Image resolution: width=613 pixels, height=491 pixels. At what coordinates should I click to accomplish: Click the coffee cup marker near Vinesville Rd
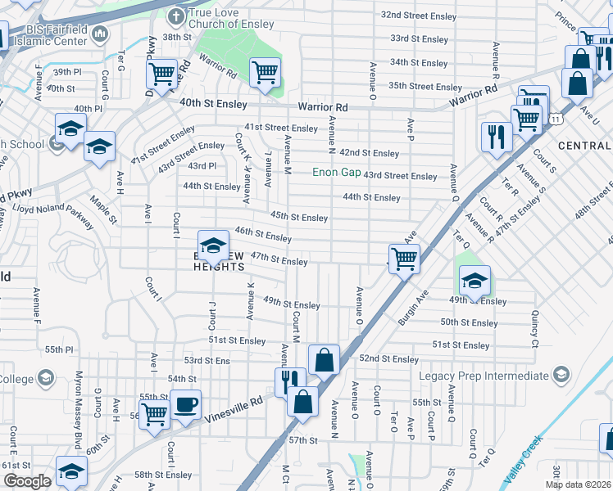[185, 405]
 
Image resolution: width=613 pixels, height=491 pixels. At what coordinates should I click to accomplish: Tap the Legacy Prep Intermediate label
[484, 376]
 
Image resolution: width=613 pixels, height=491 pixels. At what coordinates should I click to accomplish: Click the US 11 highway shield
[556, 119]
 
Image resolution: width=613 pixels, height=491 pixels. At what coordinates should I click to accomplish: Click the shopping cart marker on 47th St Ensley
[403, 259]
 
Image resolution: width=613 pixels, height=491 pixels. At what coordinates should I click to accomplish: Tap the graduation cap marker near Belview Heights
[213, 245]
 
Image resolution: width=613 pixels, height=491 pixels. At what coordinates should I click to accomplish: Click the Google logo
[27, 481]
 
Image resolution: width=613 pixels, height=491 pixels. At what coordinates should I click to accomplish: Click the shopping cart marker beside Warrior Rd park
[265, 73]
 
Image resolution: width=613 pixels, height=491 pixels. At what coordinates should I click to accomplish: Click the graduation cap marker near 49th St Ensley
[475, 281]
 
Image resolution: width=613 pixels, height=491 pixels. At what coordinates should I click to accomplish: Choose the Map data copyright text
[578, 484]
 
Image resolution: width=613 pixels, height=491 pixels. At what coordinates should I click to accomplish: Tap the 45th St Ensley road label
[300, 218]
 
